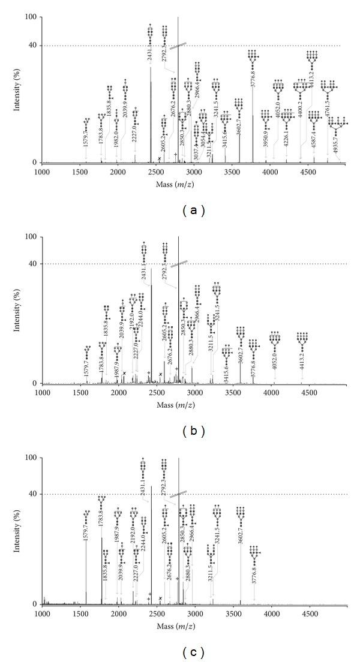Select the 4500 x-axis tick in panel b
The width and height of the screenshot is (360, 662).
(x=309, y=393)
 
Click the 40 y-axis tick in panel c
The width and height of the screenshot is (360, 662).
(x=34, y=494)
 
